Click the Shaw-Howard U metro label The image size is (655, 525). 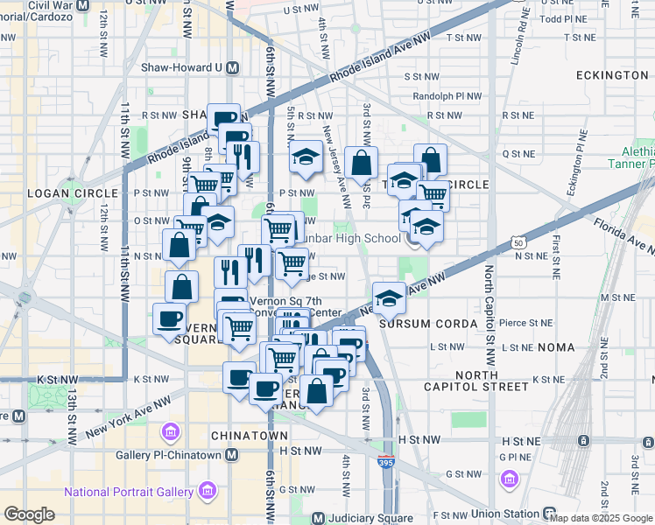[x=180, y=67]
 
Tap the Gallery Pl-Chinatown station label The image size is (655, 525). [x=170, y=455]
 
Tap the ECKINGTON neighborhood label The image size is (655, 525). [x=612, y=75]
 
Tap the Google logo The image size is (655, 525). [x=30, y=514]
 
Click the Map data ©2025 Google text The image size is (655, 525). [x=602, y=518]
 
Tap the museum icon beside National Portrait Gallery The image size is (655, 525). [x=208, y=491]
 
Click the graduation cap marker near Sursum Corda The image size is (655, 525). [x=389, y=297]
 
